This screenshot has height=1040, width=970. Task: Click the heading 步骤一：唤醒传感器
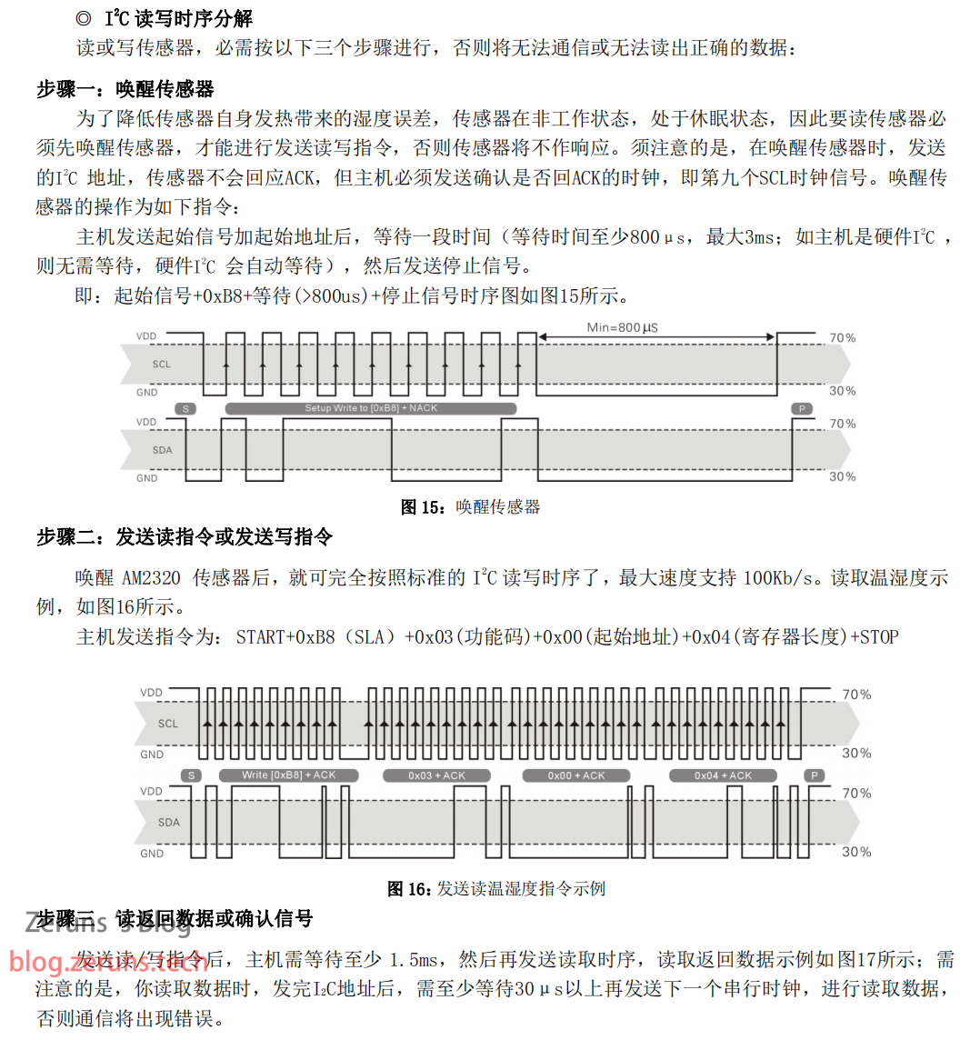(x=125, y=89)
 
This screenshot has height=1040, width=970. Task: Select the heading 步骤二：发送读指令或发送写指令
(x=185, y=537)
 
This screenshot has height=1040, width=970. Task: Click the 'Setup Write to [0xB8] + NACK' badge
(x=371, y=408)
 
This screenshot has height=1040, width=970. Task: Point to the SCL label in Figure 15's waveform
(x=162, y=365)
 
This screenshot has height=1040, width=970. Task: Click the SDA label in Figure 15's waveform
(x=162, y=450)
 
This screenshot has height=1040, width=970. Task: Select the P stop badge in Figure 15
(x=802, y=409)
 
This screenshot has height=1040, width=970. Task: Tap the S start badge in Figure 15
(x=185, y=409)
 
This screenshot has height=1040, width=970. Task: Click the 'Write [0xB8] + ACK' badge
(x=289, y=775)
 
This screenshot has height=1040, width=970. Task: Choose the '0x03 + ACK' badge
(x=436, y=775)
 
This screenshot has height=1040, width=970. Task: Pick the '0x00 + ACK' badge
(x=576, y=775)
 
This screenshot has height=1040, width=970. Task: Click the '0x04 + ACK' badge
(x=723, y=775)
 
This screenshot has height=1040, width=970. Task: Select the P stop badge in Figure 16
(x=815, y=775)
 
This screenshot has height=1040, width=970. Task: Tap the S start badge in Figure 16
(x=191, y=775)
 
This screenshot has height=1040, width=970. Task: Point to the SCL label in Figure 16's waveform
(x=168, y=725)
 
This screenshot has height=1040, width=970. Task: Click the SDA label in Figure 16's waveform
(x=169, y=823)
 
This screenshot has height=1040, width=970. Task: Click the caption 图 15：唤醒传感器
(x=471, y=507)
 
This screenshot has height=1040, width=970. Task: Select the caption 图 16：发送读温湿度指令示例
(x=496, y=889)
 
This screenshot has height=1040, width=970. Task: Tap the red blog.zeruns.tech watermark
(x=109, y=962)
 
